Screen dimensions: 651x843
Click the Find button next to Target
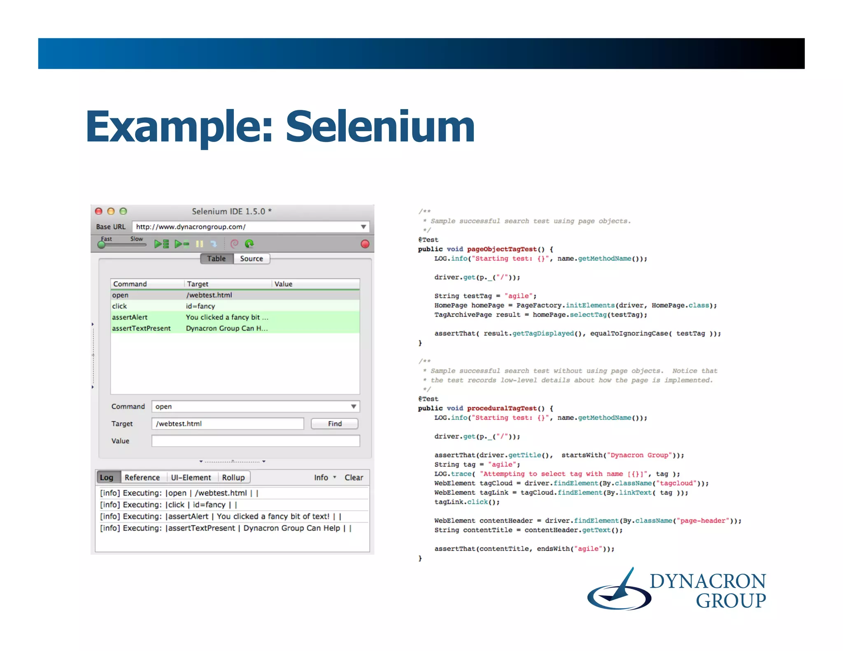click(334, 423)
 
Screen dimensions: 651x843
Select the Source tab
click(251, 258)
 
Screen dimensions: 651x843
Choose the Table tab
click(217, 258)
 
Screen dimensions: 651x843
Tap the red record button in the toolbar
click(365, 244)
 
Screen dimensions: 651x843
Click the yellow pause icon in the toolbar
click(200, 244)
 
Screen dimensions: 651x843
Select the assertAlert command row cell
click(130, 317)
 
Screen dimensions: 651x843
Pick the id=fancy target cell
click(200, 306)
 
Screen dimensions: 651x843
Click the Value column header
click(283, 284)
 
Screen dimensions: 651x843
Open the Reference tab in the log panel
click(142, 477)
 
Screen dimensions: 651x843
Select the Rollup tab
click(233, 477)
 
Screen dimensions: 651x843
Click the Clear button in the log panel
click(354, 477)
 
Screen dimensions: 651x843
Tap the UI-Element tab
click(191, 477)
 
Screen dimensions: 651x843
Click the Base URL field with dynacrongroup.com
click(247, 227)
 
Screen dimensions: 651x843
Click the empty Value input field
click(255, 441)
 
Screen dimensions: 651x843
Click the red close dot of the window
click(99, 211)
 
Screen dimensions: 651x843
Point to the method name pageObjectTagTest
click(502, 249)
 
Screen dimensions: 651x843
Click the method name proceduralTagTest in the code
click(502, 408)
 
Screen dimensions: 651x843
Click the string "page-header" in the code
click(703, 521)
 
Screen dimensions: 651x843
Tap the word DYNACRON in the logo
click(708, 581)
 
